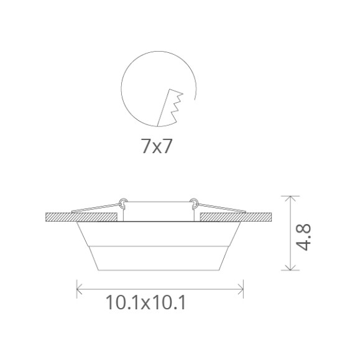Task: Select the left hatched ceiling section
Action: point(81,217)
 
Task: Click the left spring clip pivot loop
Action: point(123,202)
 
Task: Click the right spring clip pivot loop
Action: point(196,202)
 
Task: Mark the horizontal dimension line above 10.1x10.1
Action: point(159,287)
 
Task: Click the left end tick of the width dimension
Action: point(76,287)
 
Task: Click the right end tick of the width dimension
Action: point(242,287)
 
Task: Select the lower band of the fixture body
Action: point(159,258)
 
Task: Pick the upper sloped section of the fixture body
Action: point(159,233)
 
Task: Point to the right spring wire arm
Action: point(224,208)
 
